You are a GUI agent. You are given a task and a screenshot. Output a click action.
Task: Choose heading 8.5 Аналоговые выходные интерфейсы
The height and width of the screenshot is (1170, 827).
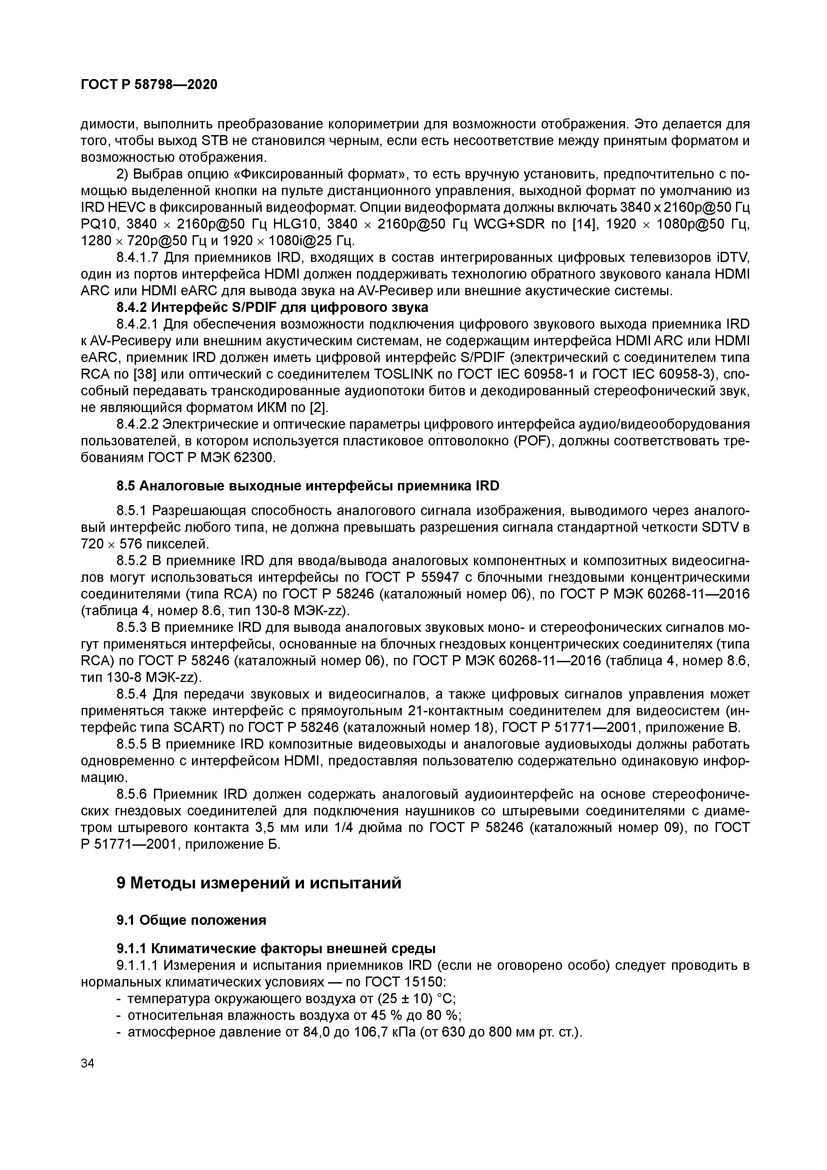(308, 486)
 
